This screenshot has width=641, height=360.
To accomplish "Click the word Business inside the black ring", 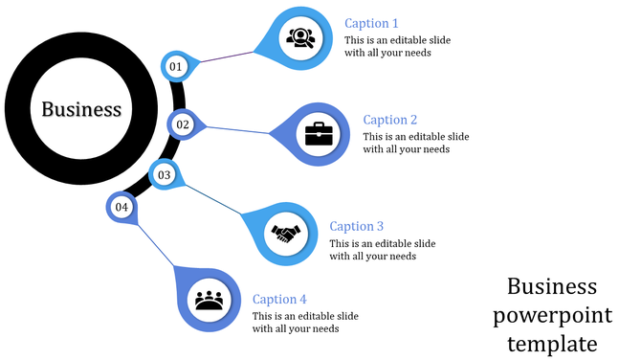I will point(81,109).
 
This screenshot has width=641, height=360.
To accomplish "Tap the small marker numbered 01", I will point(175,66).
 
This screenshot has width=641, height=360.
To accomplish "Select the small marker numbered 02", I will point(183,124).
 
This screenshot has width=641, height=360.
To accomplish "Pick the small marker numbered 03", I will point(164,174).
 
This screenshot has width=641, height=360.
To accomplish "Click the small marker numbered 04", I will point(121,207).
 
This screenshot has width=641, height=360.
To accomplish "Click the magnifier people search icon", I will point(298,38).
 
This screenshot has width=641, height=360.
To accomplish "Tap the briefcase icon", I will point(319,133).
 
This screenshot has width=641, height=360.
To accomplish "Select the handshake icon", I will point(286,233).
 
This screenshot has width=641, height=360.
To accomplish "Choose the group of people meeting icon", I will point(209,300).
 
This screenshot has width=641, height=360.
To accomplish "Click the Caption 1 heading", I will point(371,23).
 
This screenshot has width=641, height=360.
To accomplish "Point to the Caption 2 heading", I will point(390,120).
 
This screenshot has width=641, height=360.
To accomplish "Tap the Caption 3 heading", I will point(356,226).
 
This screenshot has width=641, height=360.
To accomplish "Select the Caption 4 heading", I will point(279,299).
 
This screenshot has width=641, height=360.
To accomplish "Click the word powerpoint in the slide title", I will point(552,315).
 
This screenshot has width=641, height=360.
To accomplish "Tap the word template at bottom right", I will point(552,343).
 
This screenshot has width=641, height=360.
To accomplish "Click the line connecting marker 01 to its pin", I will point(225,58).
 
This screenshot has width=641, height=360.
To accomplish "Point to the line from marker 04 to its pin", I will point(156,249).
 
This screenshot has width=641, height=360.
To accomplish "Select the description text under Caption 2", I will point(415,143).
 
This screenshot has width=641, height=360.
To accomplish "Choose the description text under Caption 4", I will point(305,323).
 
